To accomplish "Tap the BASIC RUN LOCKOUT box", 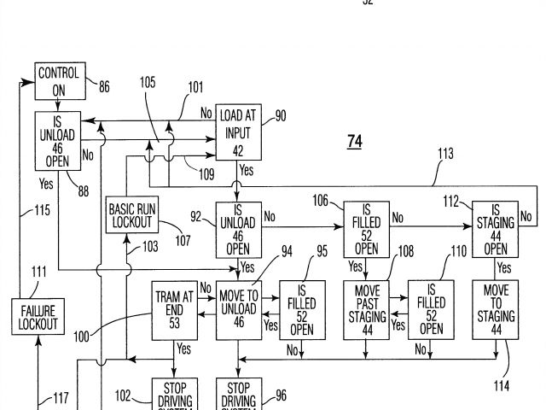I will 131,215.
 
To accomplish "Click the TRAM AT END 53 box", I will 174,309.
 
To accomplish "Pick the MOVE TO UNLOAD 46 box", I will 239,309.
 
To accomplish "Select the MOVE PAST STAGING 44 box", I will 367,309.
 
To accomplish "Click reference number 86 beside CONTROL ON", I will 103,85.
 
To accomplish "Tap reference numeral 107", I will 183,240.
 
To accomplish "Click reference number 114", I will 501,386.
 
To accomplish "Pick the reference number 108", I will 406,253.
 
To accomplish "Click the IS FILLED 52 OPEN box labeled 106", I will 367,229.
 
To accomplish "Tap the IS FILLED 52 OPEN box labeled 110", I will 432,309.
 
